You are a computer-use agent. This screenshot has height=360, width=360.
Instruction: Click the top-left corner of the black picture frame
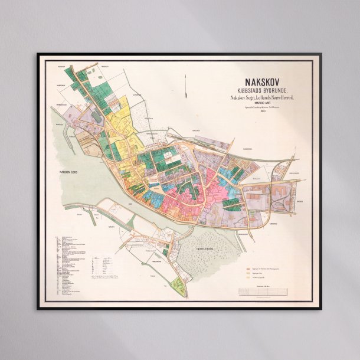click(x=38, y=54)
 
